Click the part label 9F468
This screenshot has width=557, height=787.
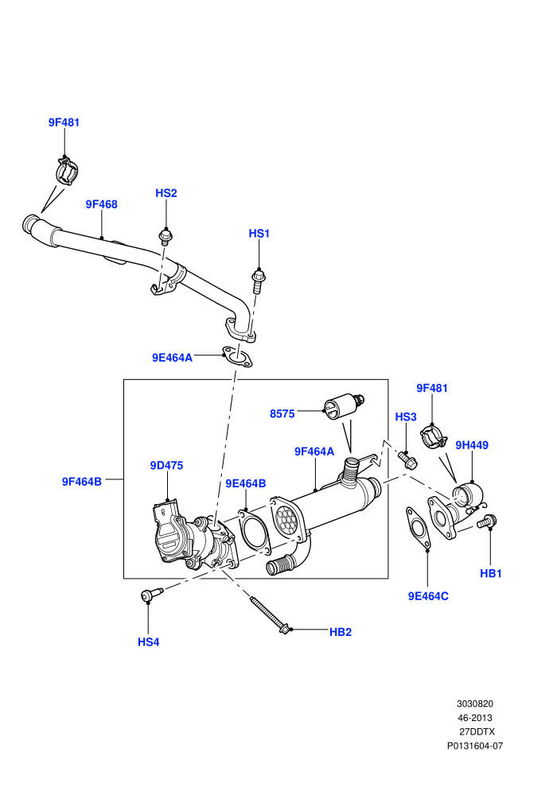point(102,204)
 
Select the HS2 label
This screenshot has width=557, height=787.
point(166,193)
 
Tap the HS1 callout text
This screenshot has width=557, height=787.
point(259,234)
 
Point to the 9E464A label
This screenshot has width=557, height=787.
point(173,358)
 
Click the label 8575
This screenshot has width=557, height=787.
point(282,413)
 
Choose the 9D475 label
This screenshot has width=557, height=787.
point(167,465)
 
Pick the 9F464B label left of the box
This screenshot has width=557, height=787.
point(82,481)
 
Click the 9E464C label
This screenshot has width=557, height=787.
point(428,596)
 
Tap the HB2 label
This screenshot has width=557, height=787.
point(341,632)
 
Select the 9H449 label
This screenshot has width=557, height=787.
point(472,445)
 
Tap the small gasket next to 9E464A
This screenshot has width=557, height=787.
point(237,356)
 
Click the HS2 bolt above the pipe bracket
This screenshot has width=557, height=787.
point(166,236)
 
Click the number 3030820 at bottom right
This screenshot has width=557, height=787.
point(475,704)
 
